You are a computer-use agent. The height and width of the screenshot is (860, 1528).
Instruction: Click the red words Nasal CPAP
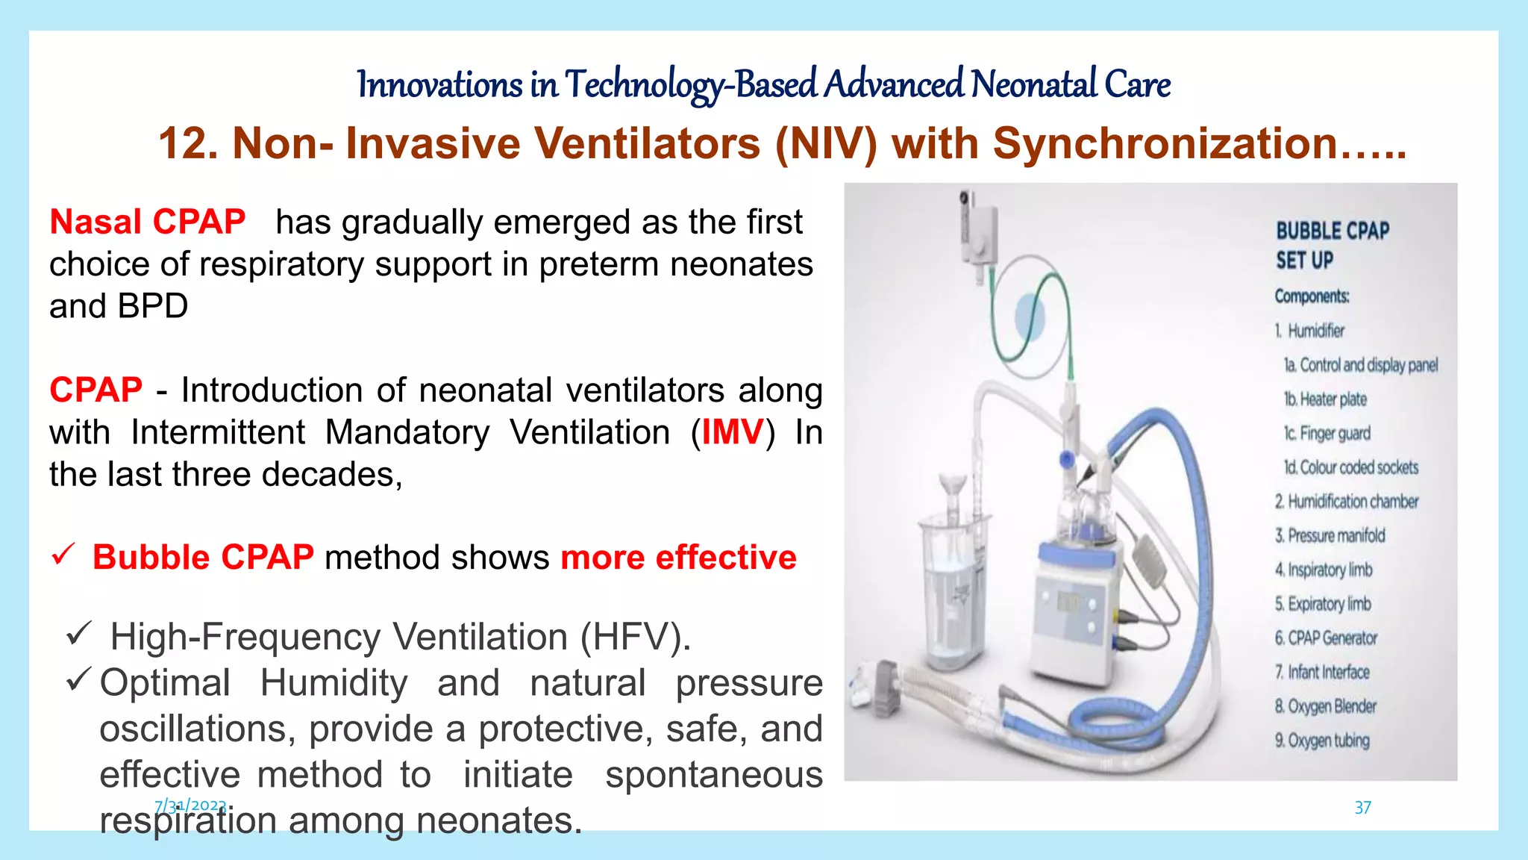click(x=147, y=222)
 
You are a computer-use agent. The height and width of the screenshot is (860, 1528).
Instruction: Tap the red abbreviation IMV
click(x=733, y=432)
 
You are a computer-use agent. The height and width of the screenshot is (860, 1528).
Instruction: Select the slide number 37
click(x=1362, y=807)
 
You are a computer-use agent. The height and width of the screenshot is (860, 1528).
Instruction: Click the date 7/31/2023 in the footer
click(x=190, y=806)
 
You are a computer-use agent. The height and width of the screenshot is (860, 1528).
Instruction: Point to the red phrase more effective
click(x=678, y=558)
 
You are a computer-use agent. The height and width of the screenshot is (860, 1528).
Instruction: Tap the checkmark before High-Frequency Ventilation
click(x=78, y=635)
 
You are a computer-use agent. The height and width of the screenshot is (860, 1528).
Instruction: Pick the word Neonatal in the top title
click(x=1033, y=84)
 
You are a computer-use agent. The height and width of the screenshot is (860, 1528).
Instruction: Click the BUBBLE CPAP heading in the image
click(x=1332, y=231)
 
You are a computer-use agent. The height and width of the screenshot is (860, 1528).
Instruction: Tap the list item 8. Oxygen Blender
click(x=1325, y=706)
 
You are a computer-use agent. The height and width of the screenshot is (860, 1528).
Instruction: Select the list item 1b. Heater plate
click(x=1325, y=399)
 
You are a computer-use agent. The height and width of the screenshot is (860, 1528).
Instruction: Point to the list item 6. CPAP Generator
click(x=1326, y=638)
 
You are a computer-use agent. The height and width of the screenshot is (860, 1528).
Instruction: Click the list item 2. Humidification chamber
click(x=1346, y=502)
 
